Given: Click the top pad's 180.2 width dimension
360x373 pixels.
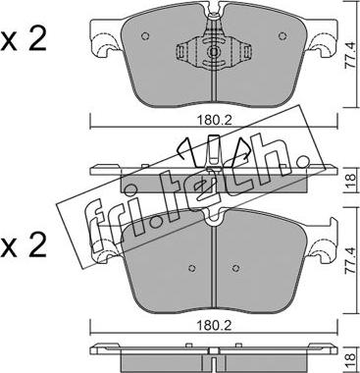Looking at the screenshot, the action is pyautogui.click(x=214, y=121).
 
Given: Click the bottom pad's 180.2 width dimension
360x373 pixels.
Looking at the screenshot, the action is pyautogui.click(x=214, y=326).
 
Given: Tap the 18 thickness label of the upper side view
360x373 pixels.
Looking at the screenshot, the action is pyautogui.click(x=350, y=180).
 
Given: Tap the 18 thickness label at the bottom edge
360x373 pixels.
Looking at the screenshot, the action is pyautogui.click(x=350, y=360).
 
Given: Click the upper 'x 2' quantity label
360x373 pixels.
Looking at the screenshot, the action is pyautogui.click(x=24, y=41).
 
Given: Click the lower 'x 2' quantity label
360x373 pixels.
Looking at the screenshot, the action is pyautogui.click(x=24, y=246).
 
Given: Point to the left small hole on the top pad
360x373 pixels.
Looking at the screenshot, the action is pyautogui.click(x=145, y=36).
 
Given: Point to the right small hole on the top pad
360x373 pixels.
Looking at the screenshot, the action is pyautogui.click(x=283, y=36).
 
